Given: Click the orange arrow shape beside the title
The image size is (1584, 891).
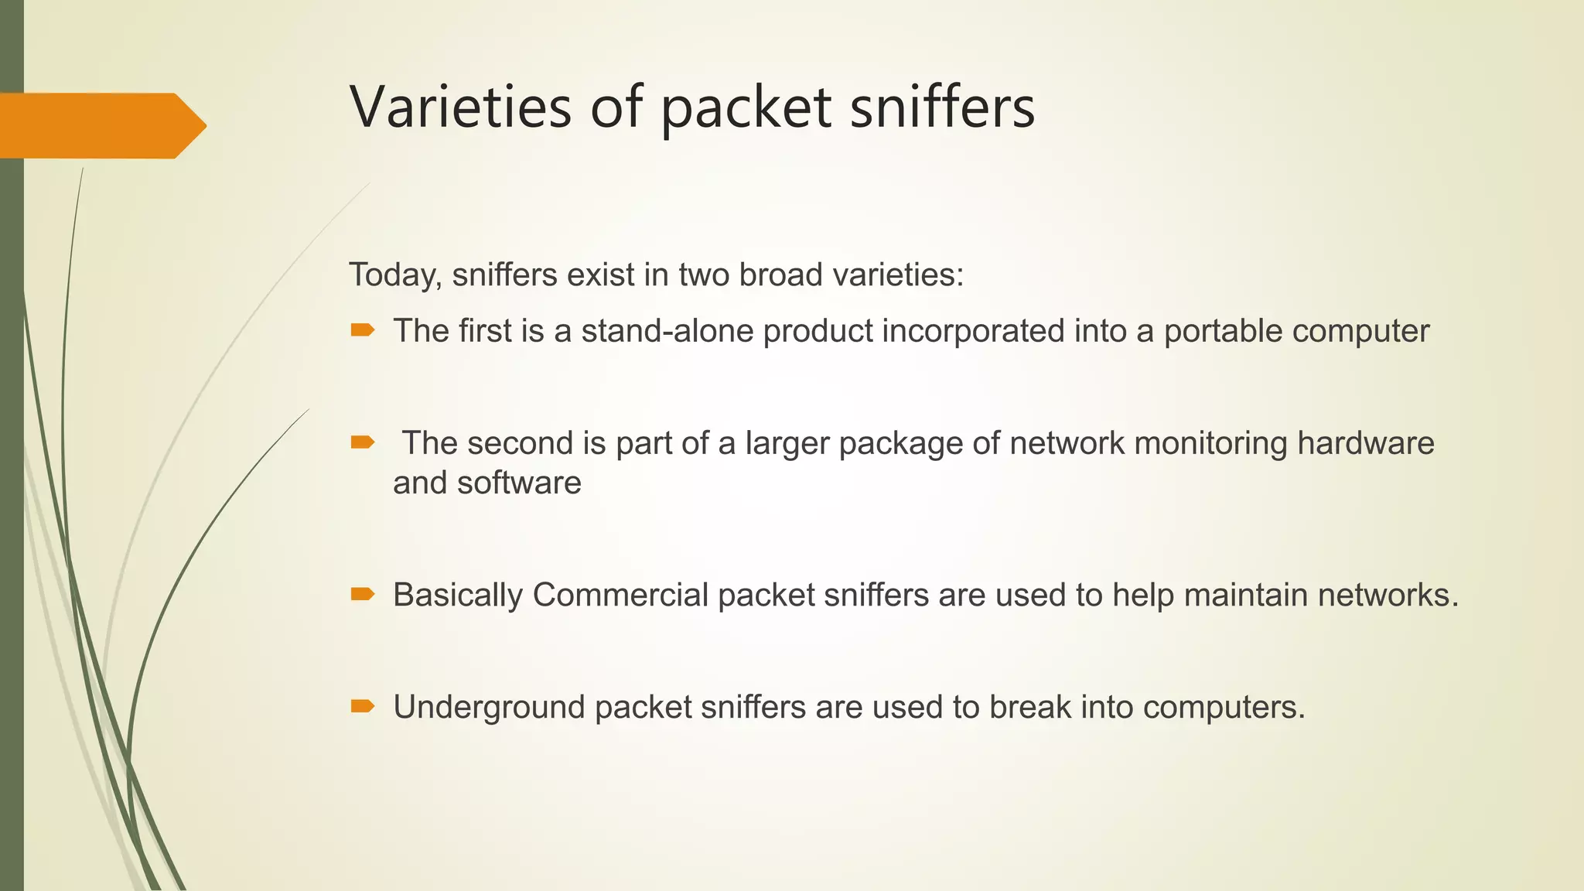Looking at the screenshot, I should point(101,125).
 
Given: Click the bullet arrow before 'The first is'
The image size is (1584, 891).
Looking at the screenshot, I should point(362,331).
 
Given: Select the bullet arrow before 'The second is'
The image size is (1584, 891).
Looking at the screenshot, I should point(362,442).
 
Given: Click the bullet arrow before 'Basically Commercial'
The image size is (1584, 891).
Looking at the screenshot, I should point(362,594).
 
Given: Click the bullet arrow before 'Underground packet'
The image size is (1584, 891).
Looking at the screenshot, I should point(362,705).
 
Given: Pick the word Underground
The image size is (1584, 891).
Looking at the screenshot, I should point(489,707).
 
